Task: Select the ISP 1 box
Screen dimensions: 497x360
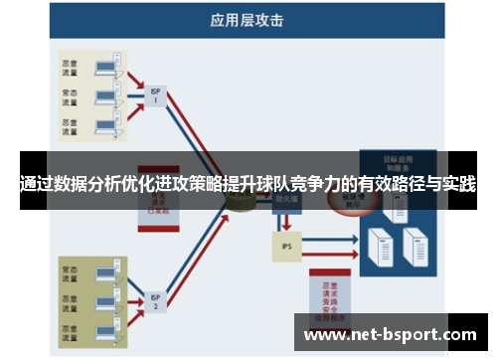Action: click(x=156, y=94)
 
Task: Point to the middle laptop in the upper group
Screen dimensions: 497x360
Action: click(x=101, y=97)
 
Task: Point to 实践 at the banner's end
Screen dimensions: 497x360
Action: click(x=458, y=184)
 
